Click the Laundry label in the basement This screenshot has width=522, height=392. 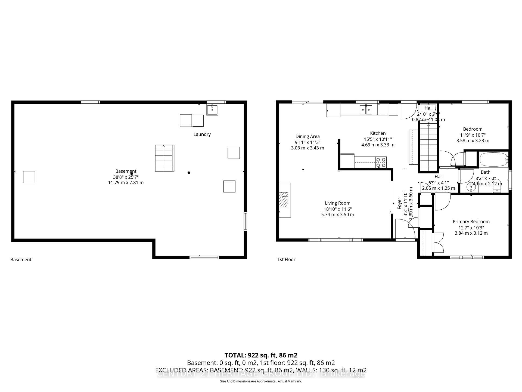(202, 134)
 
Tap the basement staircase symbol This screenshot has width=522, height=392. (164, 158)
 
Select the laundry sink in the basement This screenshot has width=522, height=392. (212, 110)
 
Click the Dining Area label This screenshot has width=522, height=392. (307, 136)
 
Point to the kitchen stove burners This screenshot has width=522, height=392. (381, 162)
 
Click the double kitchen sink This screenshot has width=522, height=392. (366, 110)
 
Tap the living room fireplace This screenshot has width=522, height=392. (284, 200)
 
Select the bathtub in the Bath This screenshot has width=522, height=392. (493, 160)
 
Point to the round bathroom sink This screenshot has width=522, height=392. (471, 187)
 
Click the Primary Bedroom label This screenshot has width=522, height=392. (471, 222)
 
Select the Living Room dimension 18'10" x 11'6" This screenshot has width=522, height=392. (337, 209)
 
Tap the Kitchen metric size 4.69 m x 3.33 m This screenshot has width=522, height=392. (378, 145)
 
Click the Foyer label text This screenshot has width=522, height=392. (399, 203)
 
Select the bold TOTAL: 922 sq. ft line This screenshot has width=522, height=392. (261, 355)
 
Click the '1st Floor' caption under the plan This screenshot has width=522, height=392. (286, 259)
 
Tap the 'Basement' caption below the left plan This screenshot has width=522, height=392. (21, 259)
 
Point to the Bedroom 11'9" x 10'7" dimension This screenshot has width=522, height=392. (473, 135)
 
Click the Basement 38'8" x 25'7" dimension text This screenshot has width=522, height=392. (126, 177)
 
